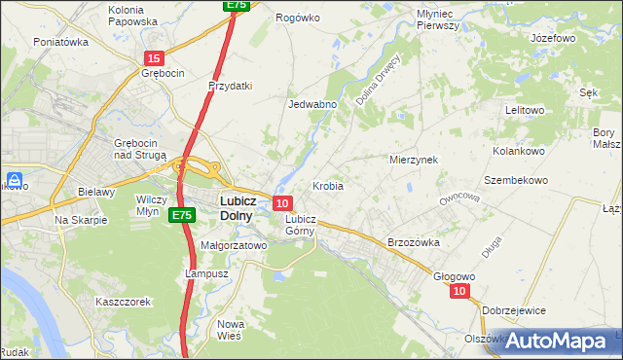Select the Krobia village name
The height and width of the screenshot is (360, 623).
tap(327, 185)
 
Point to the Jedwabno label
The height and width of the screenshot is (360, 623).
tap(311, 103)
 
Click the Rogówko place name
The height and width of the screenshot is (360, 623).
tap(298, 18)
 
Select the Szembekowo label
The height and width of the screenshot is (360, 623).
tap(516, 180)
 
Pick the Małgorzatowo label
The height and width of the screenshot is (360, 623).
tap(233, 246)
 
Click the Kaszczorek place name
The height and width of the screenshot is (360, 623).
tap(123, 302)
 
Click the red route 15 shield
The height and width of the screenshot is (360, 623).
tap(153, 59)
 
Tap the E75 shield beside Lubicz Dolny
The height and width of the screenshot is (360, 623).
tap(180, 214)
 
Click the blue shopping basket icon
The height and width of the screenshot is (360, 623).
tap(15, 180)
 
